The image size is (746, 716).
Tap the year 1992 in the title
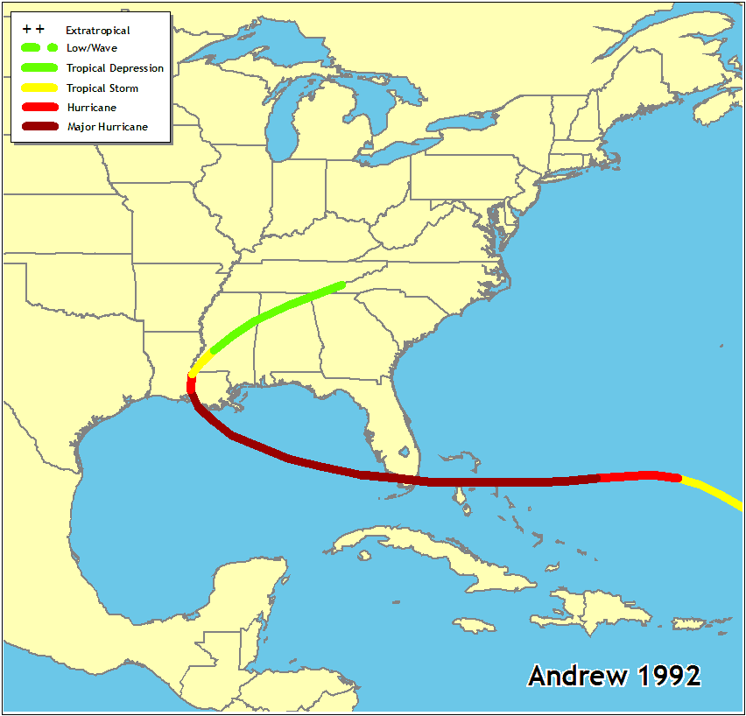coord(669,676)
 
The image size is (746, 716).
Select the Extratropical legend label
coord(98,31)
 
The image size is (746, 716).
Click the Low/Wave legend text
coord(91,48)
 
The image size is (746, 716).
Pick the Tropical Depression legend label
coord(115,68)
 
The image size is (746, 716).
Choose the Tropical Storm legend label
coord(102,88)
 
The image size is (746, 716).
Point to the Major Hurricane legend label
coord(107,127)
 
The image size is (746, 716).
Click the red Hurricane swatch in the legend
coord(39,108)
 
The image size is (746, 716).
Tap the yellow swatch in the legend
coord(39,88)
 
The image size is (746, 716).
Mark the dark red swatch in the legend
coord(39,127)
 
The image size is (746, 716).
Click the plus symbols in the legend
coord(33,30)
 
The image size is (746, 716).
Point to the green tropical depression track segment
coord(271,312)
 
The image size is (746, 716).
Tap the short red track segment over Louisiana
coord(192,388)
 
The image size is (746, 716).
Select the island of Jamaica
coord(474,624)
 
